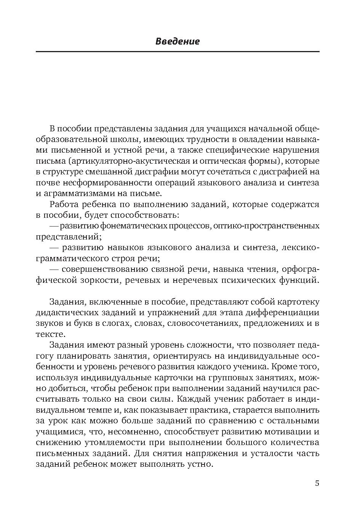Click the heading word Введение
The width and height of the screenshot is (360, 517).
(177, 41)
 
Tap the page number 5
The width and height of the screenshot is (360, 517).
(317, 483)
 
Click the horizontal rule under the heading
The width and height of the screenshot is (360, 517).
(177, 51)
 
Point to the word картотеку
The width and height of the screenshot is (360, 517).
(299, 302)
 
